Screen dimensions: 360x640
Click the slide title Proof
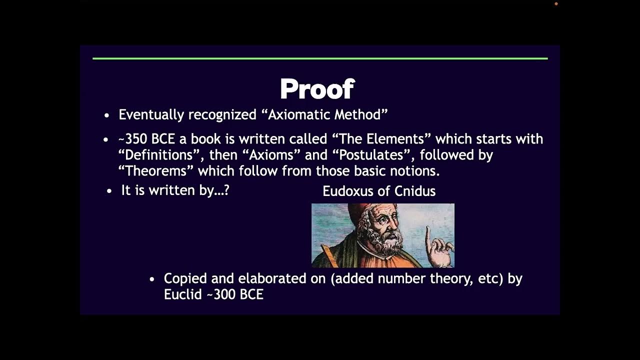click(x=317, y=89)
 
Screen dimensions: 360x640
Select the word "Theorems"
click(x=156, y=170)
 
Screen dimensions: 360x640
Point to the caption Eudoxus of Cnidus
click(x=379, y=191)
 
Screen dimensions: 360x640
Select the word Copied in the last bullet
click(x=185, y=278)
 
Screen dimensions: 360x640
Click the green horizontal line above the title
click(x=320, y=58)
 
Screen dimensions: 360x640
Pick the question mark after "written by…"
click(x=226, y=190)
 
